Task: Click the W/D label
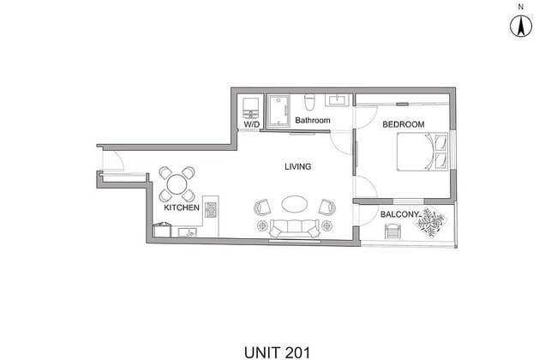click(x=252, y=124)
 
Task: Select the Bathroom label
click(x=312, y=121)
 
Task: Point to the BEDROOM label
click(x=403, y=125)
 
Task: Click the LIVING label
click(x=297, y=166)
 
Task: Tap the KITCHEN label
click(x=182, y=208)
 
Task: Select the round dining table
click(x=177, y=182)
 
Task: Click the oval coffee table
click(x=296, y=206)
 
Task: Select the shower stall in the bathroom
click(x=278, y=111)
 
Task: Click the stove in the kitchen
click(x=210, y=207)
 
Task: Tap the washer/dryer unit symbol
click(x=251, y=107)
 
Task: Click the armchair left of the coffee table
click(x=263, y=207)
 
